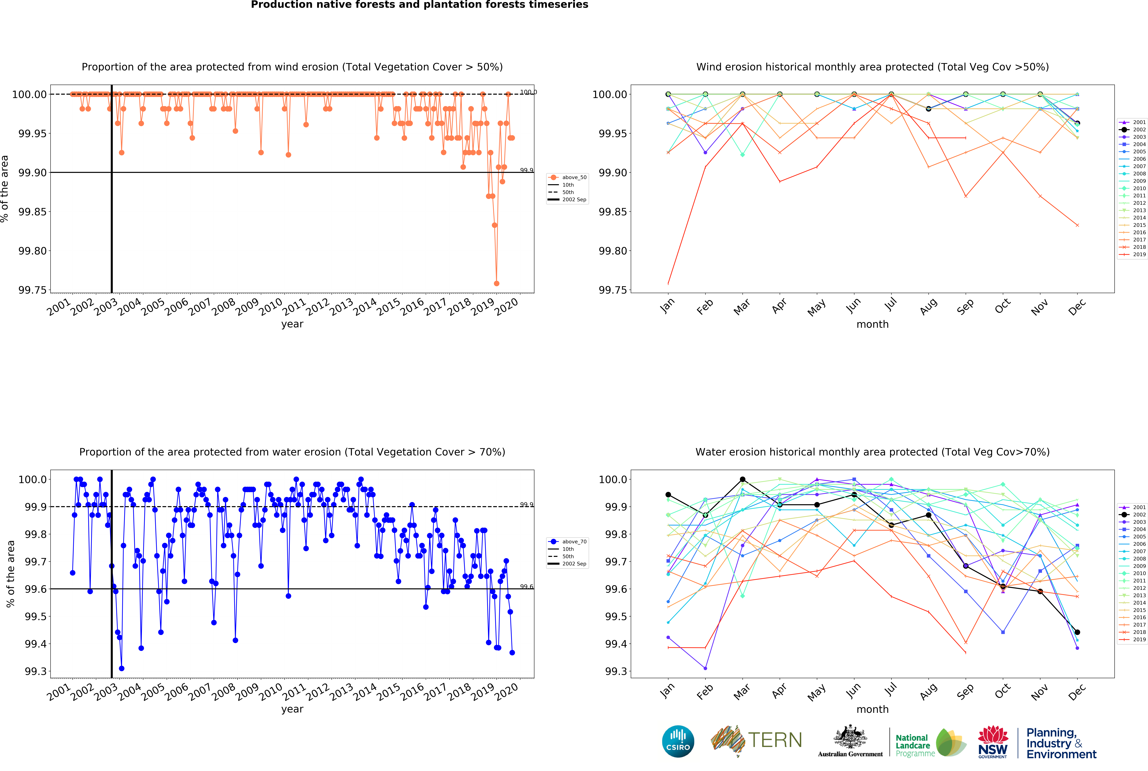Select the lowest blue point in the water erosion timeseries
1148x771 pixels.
pyautogui.click(x=121, y=668)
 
